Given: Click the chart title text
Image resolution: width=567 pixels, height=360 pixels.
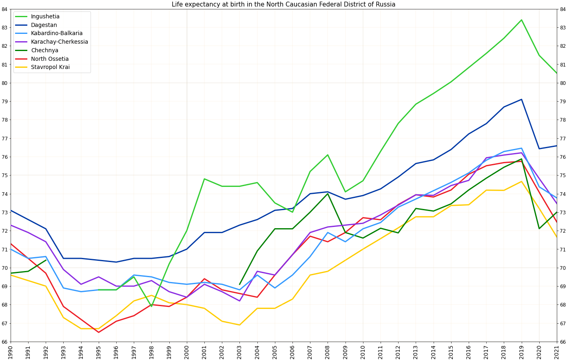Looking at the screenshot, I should (x=283, y=4).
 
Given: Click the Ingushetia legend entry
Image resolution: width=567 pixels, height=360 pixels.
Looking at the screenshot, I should (x=45, y=17).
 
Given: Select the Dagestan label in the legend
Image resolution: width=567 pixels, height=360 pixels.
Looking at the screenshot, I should (x=44, y=25).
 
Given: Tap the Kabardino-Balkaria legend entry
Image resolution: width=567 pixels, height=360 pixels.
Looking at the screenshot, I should (x=56, y=33).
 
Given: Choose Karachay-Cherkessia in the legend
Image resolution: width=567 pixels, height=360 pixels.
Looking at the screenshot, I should (x=59, y=42).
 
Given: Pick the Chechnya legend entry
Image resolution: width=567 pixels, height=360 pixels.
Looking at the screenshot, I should (x=44, y=51).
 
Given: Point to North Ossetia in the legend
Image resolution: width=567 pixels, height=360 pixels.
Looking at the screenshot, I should (x=49, y=59).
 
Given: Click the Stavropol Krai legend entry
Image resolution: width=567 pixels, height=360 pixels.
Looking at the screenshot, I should (x=50, y=67).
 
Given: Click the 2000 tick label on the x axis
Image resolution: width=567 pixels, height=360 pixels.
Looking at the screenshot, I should (x=187, y=351).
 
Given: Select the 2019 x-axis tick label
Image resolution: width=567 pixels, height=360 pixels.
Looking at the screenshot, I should (x=522, y=351).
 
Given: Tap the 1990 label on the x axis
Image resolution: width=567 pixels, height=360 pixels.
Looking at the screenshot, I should (x=11, y=351).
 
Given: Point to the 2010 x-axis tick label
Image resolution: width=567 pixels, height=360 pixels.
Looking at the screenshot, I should (x=363, y=351).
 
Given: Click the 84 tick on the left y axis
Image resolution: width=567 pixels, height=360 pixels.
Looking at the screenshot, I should (x=4, y=9).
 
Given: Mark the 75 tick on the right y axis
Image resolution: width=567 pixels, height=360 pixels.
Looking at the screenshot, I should (x=563, y=176).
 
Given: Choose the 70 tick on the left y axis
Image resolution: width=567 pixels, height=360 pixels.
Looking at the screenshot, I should (x=4, y=268).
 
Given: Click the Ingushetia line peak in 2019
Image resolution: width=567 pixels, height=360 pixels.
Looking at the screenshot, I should (x=521, y=20).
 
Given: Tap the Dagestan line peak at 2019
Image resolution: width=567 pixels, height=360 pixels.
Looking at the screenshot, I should (x=521, y=99).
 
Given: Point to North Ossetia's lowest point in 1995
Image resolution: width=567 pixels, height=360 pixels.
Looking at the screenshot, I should (x=98, y=332).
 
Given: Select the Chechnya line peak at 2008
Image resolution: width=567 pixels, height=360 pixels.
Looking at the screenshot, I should (x=328, y=193).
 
